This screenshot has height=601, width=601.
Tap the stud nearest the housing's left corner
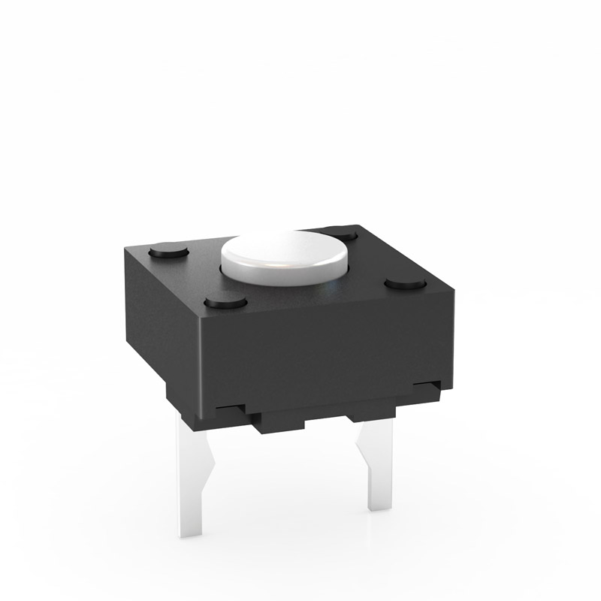[x=170, y=250]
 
